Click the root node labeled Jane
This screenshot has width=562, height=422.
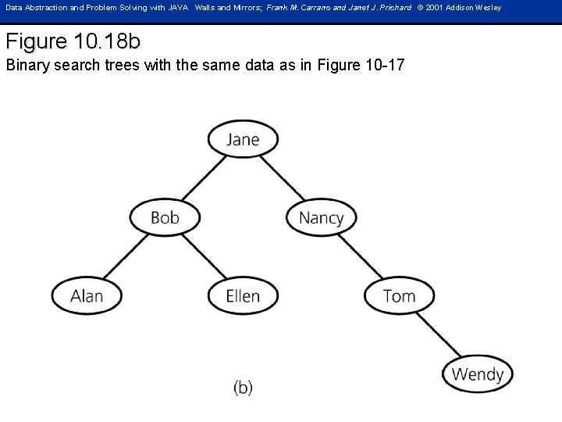243,139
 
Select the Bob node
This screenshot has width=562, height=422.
165,217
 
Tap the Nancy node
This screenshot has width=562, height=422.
321,217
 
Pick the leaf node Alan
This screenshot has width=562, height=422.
87,295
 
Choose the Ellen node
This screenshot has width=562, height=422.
243,295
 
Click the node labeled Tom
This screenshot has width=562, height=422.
399,295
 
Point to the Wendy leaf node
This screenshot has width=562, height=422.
477,374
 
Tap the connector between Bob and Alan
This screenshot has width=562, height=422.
126,256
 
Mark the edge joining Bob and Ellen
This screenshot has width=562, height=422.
204,256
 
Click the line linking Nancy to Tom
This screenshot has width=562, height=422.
360,256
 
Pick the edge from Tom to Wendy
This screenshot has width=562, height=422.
438,334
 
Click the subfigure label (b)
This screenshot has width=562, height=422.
243,387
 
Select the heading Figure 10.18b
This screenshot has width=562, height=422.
73,41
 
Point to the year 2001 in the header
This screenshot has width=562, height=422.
435,8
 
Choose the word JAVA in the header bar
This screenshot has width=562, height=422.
178,8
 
